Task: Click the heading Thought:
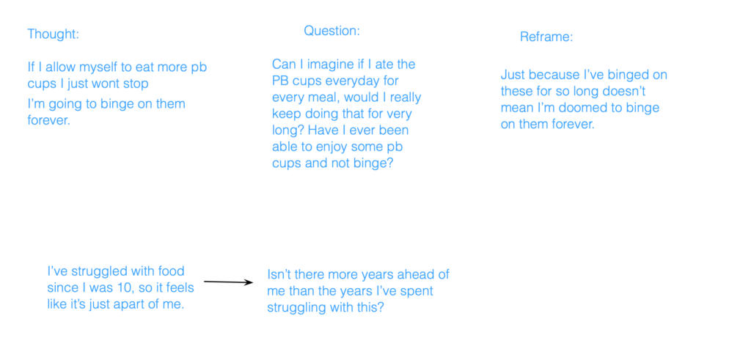[x=53, y=34]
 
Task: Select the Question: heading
[x=331, y=31]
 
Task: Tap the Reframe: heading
[x=546, y=37]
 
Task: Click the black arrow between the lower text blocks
[x=229, y=282]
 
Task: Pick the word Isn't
[x=282, y=275]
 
